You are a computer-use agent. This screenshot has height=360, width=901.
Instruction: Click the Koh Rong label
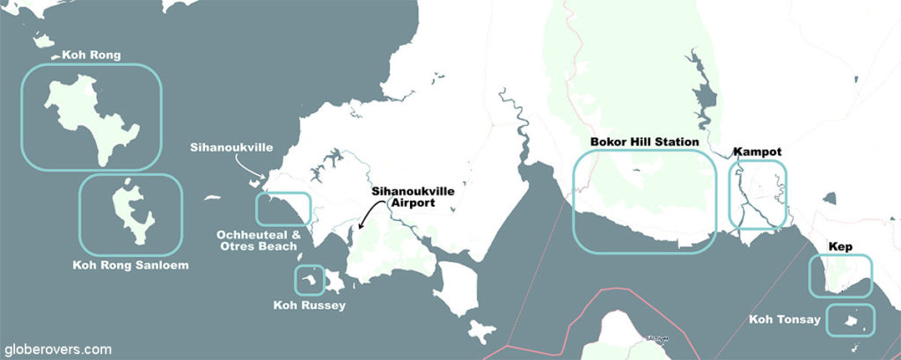tap(92, 55)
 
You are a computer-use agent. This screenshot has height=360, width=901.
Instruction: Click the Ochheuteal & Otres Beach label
tap(257, 240)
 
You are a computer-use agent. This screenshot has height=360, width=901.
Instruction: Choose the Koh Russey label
tap(309, 305)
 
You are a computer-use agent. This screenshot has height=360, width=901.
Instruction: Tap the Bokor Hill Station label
tap(644, 142)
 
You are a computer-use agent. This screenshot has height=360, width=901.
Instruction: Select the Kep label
tap(841, 247)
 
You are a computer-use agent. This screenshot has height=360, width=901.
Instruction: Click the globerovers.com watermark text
tap(58, 349)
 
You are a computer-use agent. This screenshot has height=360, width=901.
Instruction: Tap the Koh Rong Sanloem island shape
tap(128, 211)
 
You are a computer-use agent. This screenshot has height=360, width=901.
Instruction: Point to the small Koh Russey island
tap(309, 281)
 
